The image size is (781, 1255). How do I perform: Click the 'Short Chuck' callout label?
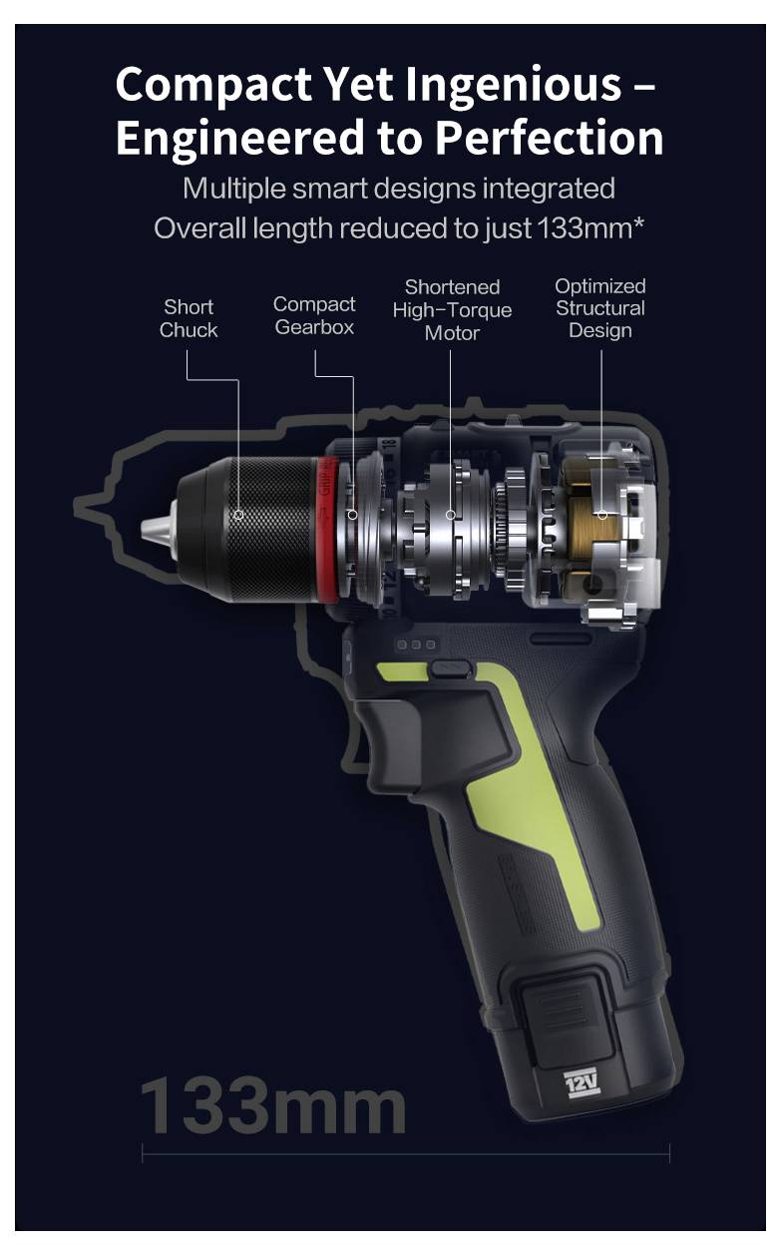[189, 318]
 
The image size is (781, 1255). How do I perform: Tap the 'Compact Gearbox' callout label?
[314, 315]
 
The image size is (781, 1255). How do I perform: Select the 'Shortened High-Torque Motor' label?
[452, 309]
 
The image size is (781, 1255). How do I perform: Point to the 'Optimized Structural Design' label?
[600, 307]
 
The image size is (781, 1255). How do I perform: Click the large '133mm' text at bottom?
[272, 1103]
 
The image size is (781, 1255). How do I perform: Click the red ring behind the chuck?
[325, 529]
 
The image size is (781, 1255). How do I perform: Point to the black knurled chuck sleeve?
[264, 529]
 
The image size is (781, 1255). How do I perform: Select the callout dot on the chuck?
[239, 515]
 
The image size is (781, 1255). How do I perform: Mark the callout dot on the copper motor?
[601, 515]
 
